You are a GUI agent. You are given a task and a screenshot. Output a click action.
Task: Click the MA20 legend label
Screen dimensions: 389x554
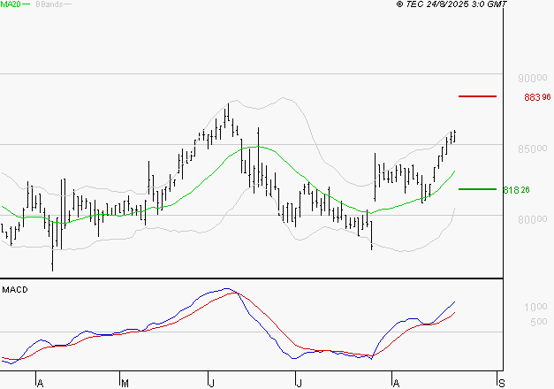[11, 4]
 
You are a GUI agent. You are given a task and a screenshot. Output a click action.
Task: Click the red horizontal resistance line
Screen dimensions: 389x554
[477, 95]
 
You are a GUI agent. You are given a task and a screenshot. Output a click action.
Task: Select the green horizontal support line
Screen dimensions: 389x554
[477, 188]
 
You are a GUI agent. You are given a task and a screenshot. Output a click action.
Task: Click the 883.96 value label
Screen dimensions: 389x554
[537, 97]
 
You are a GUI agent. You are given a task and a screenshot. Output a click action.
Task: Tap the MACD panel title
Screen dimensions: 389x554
[14, 290]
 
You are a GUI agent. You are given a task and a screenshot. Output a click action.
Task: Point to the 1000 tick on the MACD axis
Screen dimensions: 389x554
[535, 307]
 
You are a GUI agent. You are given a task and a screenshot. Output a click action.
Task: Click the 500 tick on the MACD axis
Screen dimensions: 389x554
[539, 322]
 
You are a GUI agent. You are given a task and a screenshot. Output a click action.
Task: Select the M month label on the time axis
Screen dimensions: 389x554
[125, 383]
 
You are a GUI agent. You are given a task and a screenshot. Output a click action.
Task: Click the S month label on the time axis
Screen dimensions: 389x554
[503, 383]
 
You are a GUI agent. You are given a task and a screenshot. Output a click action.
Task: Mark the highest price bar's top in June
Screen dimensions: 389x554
[228, 103]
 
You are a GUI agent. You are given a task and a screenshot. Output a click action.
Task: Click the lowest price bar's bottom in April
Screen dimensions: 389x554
[53, 271]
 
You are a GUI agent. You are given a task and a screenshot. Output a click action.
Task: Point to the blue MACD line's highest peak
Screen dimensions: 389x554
[228, 288]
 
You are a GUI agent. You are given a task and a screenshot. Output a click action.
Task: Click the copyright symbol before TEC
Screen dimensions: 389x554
[400, 4]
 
